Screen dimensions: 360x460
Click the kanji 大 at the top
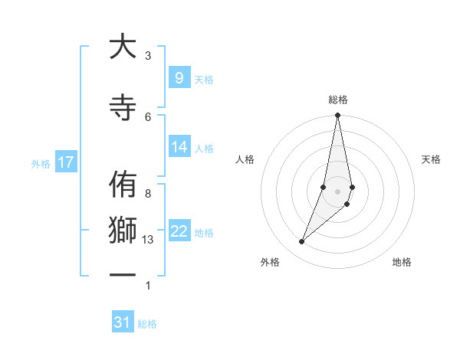click(x=121, y=47)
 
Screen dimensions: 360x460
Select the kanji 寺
click(x=121, y=106)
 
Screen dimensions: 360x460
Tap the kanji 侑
click(x=121, y=186)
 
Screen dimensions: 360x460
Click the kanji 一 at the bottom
click(x=121, y=275)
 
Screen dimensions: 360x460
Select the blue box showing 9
click(x=179, y=78)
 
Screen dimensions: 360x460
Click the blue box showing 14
click(x=179, y=147)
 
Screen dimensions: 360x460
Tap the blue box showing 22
click(x=179, y=231)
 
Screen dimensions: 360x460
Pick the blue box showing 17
click(x=65, y=162)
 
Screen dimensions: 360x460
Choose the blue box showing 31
click(x=123, y=322)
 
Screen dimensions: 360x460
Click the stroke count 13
click(x=148, y=240)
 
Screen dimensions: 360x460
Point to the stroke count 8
click(x=148, y=193)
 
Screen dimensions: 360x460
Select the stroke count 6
click(x=148, y=116)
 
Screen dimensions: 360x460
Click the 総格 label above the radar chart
click(x=338, y=100)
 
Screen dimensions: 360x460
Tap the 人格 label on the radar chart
click(x=245, y=159)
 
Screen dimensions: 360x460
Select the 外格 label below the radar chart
click(x=270, y=262)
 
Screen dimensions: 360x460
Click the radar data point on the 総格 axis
click(x=337, y=116)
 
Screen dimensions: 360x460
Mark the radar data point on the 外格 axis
click(x=301, y=242)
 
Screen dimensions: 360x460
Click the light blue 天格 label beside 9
click(x=204, y=79)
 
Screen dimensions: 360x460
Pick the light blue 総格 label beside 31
click(x=147, y=324)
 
